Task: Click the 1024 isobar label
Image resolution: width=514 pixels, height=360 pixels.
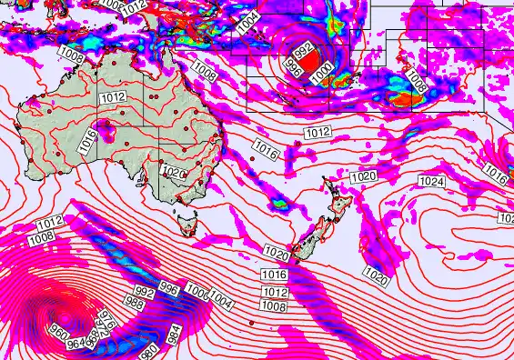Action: coord(432,183)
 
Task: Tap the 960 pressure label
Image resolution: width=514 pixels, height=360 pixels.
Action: coord(59,330)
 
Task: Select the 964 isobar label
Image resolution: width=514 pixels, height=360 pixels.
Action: coord(75,343)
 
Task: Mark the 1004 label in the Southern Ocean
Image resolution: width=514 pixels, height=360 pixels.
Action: coord(221,297)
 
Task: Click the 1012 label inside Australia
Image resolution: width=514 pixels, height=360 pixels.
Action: coord(114,97)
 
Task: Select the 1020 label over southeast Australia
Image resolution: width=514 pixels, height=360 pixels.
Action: coord(173,171)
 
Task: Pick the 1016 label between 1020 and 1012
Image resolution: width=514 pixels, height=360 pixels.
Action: coord(274,274)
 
